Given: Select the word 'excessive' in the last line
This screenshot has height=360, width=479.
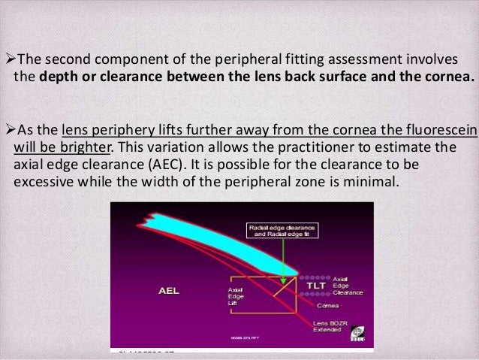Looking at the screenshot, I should (x=44, y=182).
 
